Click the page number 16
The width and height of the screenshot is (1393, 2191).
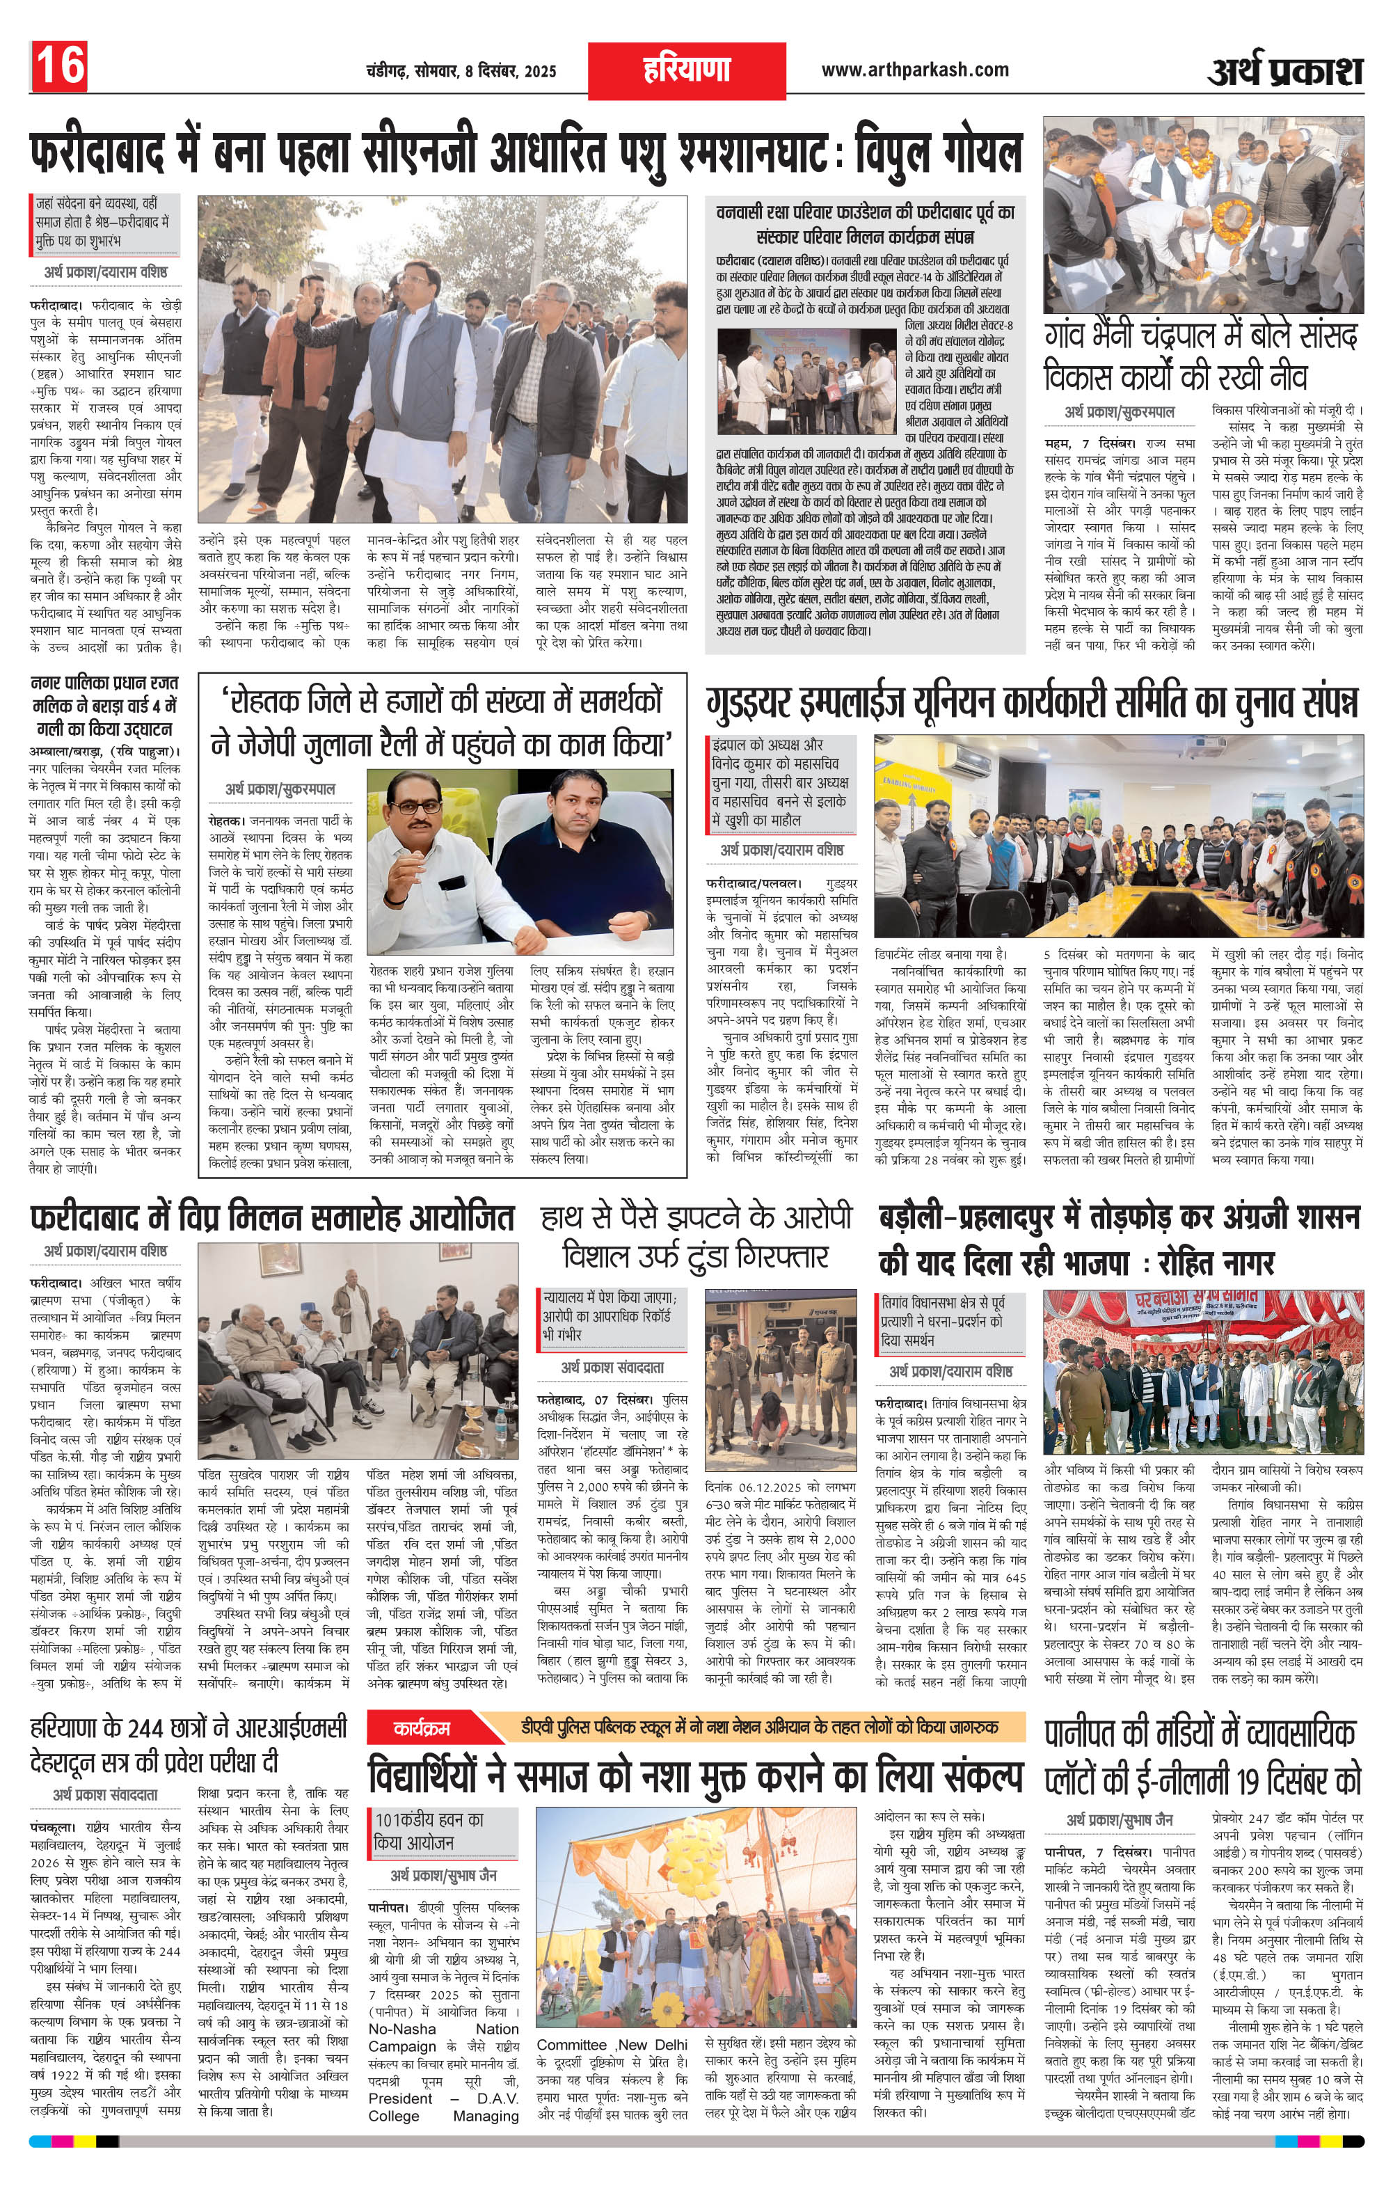tap(60, 66)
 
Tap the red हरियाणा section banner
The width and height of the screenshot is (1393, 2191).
tap(687, 69)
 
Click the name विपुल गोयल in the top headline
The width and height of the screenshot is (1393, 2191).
tap(937, 153)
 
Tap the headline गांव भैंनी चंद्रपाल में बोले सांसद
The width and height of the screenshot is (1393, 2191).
tap(1200, 338)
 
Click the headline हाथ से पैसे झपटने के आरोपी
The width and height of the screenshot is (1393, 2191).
tap(697, 1217)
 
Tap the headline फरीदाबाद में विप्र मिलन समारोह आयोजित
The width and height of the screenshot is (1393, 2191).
tap(273, 1218)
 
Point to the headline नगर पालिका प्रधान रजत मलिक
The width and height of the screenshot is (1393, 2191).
tap(104, 705)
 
